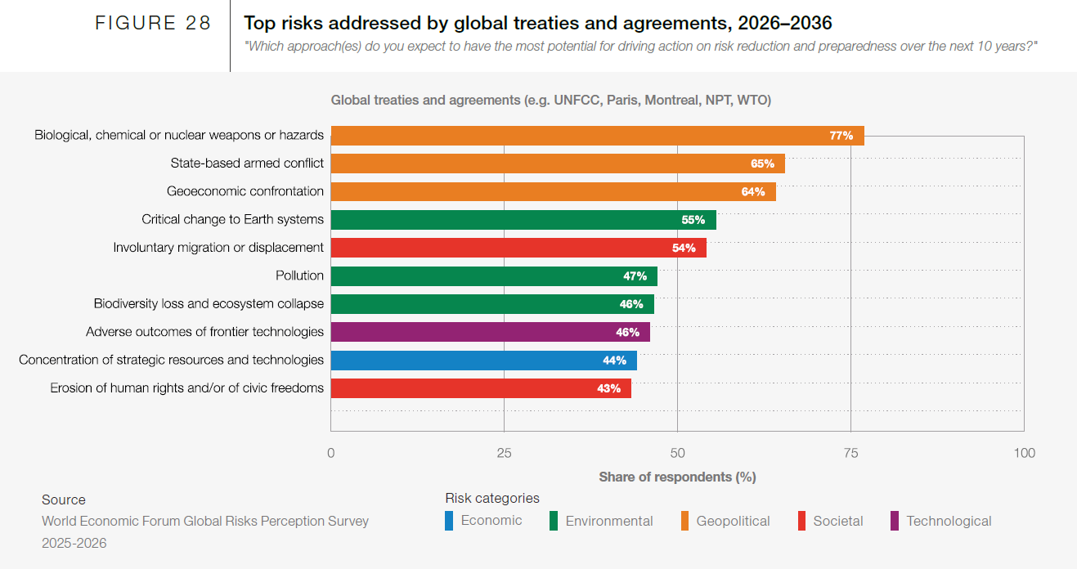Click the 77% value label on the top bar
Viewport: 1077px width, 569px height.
tap(841, 136)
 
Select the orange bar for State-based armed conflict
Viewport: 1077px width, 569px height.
tap(556, 164)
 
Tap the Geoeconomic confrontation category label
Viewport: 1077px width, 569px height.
tap(245, 191)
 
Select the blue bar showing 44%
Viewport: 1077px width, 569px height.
tap(482, 361)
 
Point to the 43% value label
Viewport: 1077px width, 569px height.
tap(608, 388)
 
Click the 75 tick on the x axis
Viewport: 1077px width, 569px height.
tap(850, 453)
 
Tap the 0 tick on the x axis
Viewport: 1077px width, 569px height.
tap(331, 453)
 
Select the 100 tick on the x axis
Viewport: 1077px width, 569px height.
tap(1023, 453)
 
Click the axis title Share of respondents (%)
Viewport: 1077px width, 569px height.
tap(677, 477)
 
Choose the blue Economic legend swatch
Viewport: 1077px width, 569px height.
tap(449, 521)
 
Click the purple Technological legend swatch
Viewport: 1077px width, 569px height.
tap(894, 521)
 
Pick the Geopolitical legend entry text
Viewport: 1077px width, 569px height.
tap(733, 521)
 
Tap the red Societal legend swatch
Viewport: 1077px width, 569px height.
tap(801, 521)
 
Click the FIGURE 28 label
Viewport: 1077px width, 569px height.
tap(153, 24)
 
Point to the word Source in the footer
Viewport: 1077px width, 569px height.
tap(64, 500)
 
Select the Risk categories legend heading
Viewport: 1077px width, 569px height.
tap(492, 498)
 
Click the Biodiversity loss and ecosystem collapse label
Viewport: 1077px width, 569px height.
tap(209, 304)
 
